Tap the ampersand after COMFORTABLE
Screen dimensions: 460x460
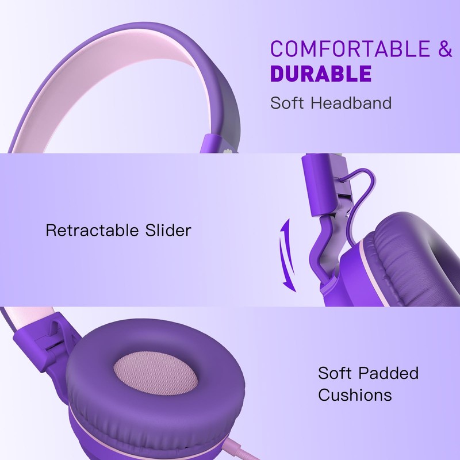point(445,49)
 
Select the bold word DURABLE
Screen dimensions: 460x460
point(320,75)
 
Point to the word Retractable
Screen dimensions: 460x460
point(91,231)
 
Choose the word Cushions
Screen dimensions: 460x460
point(355,396)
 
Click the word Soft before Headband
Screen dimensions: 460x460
point(291,103)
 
